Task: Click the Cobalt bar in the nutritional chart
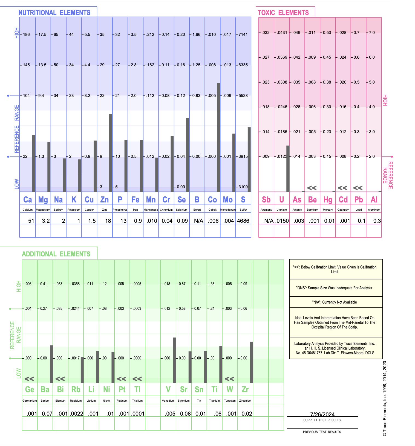point(218,137)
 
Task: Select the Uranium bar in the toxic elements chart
point(288,168)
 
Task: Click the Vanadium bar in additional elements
point(174,360)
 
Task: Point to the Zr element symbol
point(245,389)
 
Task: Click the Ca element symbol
point(27,200)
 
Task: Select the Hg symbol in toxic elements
point(328,200)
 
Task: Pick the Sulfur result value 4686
point(243,221)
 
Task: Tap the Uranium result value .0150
point(282,221)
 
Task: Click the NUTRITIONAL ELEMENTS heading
point(54,13)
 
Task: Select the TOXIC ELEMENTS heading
point(283,13)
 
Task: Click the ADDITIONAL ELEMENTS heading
point(56,254)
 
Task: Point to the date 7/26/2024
point(322,414)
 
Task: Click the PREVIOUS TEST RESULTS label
point(322,432)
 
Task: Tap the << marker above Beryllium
point(312,188)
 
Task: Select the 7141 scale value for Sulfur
point(243,35)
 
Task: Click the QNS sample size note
point(335,288)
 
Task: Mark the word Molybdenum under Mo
point(228,210)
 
